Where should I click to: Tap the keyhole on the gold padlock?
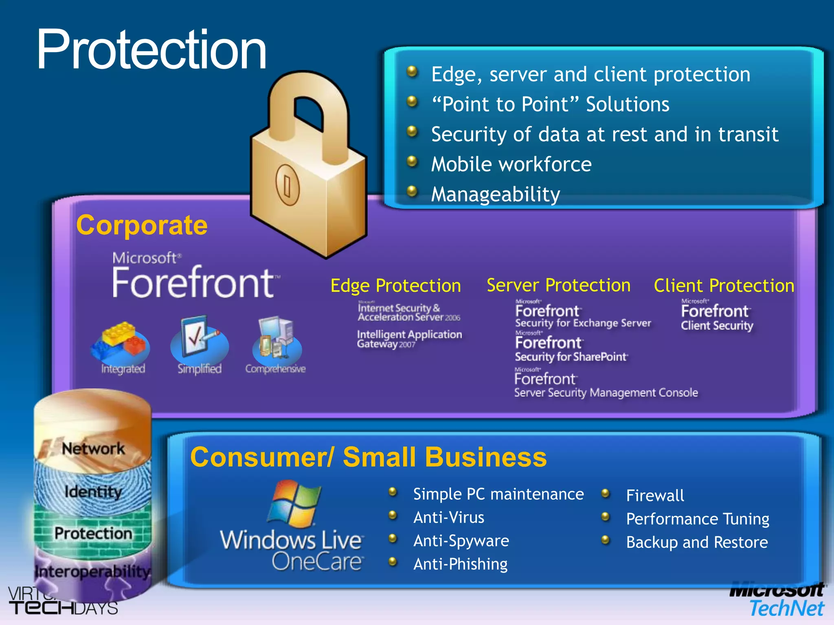pyautogui.click(x=288, y=186)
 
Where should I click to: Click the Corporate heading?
pyautogui.click(x=142, y=225)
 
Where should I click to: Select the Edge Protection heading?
pyautogui.click(x=395, y=285)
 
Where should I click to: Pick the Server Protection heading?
pyautogui.click(x=558, y=285)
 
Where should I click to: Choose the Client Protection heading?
pyautogui.click(x=724, y=285)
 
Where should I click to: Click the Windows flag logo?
pyautogui.click(x=294, y=503)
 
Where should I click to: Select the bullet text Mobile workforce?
pyautogui.click(x=511, y=164)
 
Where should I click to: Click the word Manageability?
pyautogui.click(x=496, y=194)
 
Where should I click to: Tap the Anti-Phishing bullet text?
pyautogui.click(x=460, y=564)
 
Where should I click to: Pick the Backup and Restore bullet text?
pyautogui.click(x=697, y=542)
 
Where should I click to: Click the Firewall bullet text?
pyautogui.click(x=655, y=495)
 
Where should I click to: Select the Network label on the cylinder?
pyautogui.click(x=93, y=448)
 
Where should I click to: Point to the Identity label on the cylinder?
pyautogui.click(x=93, y=492)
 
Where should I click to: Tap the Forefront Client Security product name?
pyautogui.click(x=717, y=318)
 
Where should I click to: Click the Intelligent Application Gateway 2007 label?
pyautogui.click(x=409, y=339)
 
